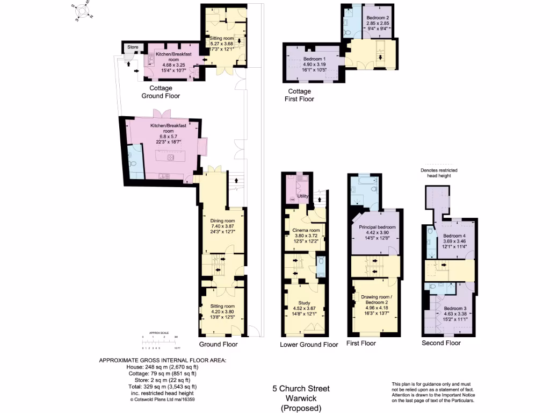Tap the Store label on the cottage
point(132,47)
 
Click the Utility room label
point(303,196)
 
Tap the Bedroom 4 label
point(454,236)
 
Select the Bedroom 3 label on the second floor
point(454,308)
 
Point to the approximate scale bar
point(160,338)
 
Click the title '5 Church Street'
point(301,388)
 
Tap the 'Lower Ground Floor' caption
point(309,345)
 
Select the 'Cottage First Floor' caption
point(300,95)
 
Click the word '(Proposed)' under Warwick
point(301,408)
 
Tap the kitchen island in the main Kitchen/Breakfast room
point(170,159)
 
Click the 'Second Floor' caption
point(441,343)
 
